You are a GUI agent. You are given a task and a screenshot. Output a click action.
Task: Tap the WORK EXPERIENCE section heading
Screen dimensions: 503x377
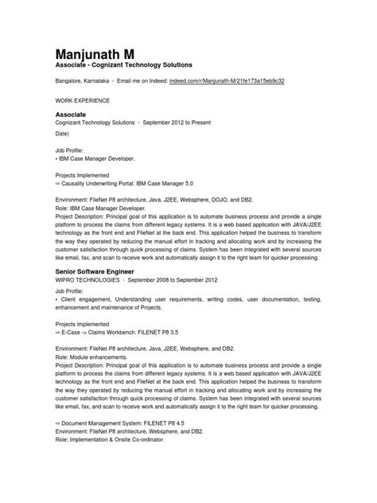83,102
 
